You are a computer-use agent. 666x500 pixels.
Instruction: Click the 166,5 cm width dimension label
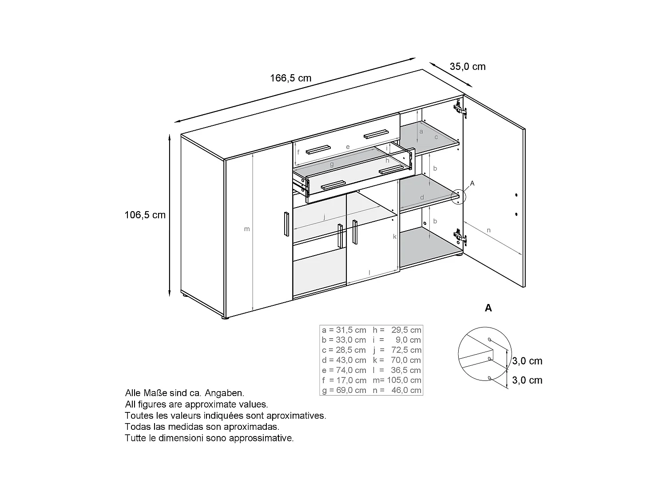click(291, 78)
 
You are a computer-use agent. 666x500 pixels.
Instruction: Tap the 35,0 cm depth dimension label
click(468, 67)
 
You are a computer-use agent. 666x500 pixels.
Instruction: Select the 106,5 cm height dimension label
click(145, 215)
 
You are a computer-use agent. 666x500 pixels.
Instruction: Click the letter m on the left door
click(247, 229)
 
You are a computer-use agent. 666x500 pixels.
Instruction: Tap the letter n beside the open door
click(488, 230)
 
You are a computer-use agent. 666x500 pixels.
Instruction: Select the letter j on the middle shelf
click(325, 217)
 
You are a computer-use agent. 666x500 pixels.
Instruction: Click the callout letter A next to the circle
click(472, 183)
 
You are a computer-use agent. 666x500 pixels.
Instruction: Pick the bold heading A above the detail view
click(488, 308)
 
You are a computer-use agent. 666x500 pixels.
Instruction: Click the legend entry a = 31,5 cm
click(344, 330)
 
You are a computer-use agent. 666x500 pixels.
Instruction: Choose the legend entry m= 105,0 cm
click(397, 380)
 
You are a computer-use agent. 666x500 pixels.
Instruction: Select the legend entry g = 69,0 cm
click(344, 390)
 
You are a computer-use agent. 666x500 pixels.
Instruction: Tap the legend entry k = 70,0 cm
click(397, 360)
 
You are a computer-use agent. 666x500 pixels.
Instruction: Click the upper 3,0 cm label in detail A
click(527, 361)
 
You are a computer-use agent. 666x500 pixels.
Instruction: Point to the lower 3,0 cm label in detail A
click(527, 380)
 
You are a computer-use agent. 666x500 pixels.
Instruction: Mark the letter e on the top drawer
click(348, 147)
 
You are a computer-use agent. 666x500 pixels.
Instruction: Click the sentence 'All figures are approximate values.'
click(196, 404)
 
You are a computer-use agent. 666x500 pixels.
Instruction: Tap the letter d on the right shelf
click(422, 197)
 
